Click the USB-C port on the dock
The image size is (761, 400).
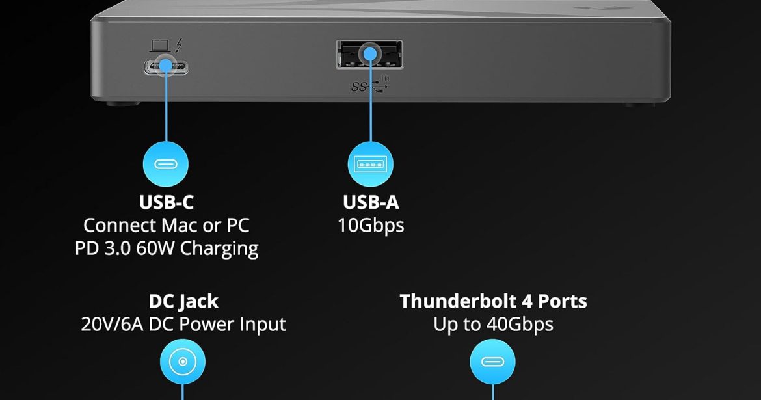tap(167, 66)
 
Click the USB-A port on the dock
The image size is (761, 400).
tap(369, 55)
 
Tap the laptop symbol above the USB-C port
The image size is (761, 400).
tap(159, 46)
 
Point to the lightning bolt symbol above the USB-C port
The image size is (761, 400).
tap(180, 46)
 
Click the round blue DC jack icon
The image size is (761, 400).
tap(183, 362)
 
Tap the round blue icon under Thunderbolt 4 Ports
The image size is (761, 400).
tap(492, 362)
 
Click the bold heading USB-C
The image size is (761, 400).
tap(166, 203)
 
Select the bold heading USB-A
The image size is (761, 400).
tap(371, 203)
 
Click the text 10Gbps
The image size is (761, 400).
tap(371, 225)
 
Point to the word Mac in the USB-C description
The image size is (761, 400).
tap(178, 225)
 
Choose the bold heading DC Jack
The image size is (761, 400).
tap(183, 301)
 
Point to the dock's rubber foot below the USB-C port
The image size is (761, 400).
tap(114, 103)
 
